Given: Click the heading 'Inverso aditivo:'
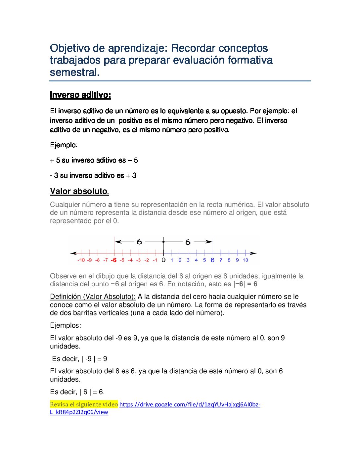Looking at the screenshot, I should (x=80, y=95).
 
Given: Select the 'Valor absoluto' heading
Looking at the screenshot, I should (x=79, y=191).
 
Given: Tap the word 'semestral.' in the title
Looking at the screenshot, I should (x=74, y=72).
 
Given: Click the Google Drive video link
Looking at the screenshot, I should (x=190, y=404).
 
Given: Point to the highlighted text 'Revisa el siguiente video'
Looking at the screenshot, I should (x=84, y=404).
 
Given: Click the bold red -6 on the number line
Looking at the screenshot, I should (x=113, y=260).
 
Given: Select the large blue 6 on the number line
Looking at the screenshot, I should (x=212, y=260).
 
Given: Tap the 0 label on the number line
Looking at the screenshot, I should (x=163, y=260).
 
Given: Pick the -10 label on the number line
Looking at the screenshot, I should (x=81, y=260).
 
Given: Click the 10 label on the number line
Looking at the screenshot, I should (x=245, y=260).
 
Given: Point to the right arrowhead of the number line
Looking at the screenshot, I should (x=253, y=253).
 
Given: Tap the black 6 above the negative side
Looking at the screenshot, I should (x=139, y=242).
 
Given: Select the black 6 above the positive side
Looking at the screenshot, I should (x=188, y=242).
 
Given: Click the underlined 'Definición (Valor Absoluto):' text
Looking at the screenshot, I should (x=93, y=297).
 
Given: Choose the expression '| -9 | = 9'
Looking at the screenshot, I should (x=94, y=359).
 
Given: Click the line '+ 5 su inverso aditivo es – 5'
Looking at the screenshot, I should (x=94, y=160).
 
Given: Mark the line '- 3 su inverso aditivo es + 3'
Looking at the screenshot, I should (x=93, y=175).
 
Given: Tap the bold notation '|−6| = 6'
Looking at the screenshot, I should (x=245, y=284).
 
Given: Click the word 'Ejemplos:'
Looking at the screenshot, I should (x=66, y=325).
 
